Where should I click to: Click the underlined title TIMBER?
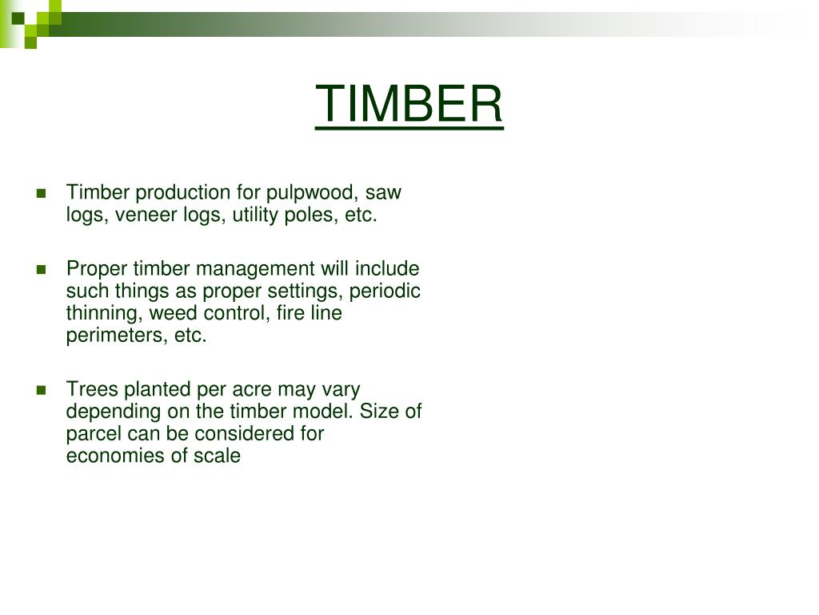pyautogui.click(x=409, y=104)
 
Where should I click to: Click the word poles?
pyautogui.click(x=314, y=215)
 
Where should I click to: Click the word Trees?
pyautogui.click(x=90, y=389)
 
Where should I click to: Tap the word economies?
pyautogui.click(x=110, y=456)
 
